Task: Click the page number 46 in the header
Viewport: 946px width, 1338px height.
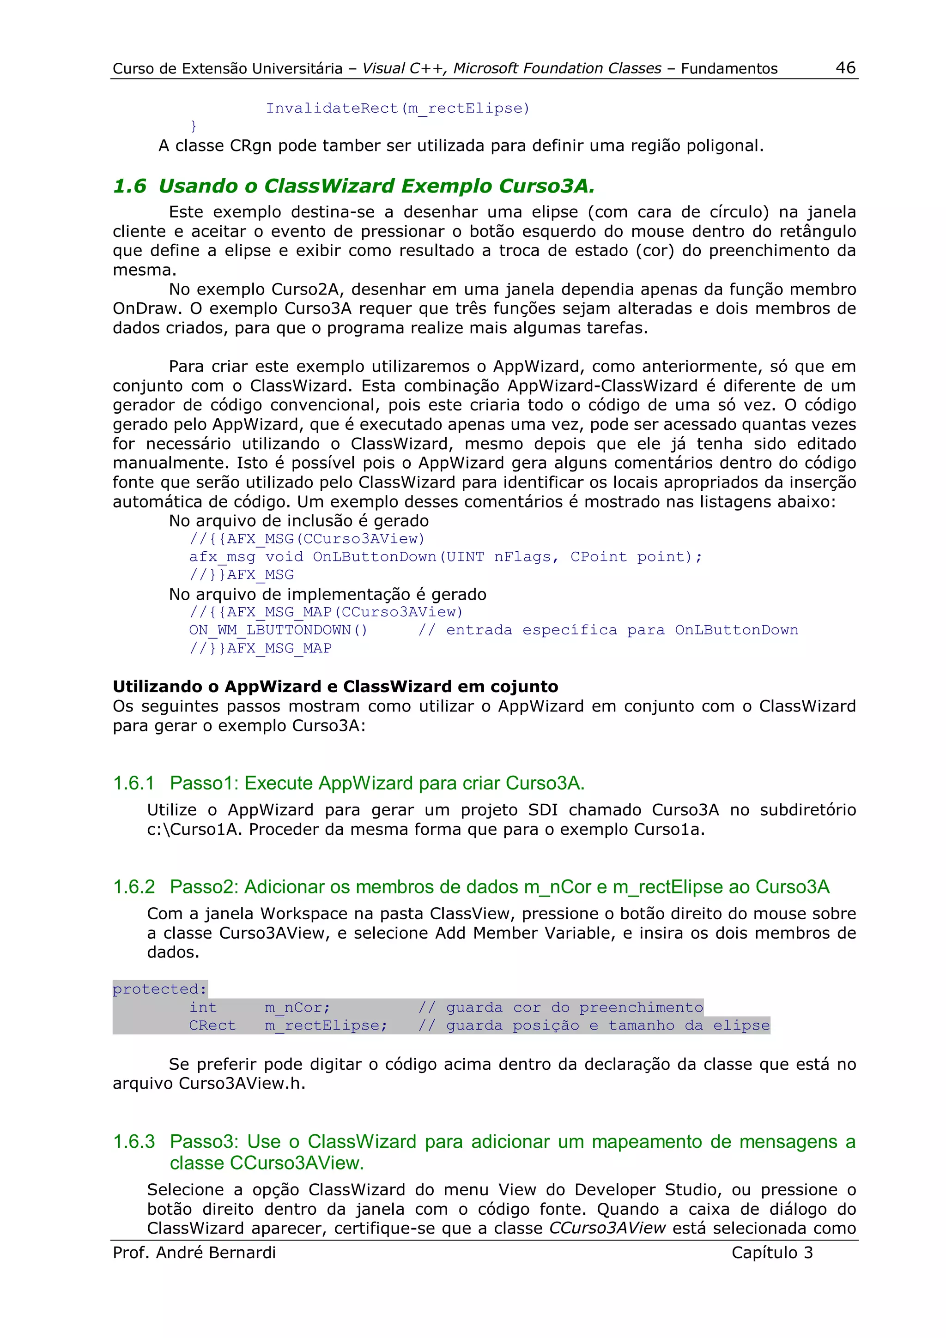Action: (845, 67)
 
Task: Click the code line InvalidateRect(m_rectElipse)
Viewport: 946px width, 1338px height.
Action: (398, 108)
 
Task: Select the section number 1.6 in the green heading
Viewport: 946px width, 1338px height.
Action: (129, 186)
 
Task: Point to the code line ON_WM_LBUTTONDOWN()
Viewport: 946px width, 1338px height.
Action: (278, 630)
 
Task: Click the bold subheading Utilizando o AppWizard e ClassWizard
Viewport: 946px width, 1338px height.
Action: (335, 687)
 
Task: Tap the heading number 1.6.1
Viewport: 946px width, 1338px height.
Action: (133, 783)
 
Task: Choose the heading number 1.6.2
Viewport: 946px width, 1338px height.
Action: (133, 887)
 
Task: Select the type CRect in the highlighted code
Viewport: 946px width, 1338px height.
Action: (212, 1025)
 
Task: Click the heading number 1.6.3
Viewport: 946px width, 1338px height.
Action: (133, 1142)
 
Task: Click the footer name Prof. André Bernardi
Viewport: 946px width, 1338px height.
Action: (194, 1253)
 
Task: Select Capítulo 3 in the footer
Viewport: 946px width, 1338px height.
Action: (772, 1253)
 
